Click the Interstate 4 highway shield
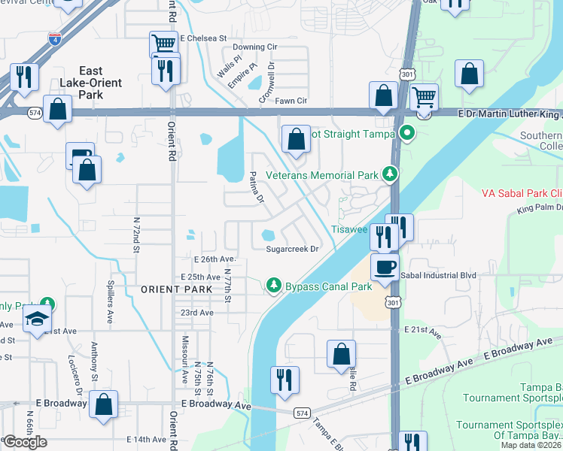click(54, 38)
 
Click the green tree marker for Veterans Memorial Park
click(389, 175)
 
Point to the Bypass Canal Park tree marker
click(274, 286)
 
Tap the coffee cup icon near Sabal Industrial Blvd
click(385, 268)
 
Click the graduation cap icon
click(37, 318)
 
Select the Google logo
click(25, 442)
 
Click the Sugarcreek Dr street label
click(293, 249)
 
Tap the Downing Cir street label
click(260, 47)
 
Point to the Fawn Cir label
click(292, 101)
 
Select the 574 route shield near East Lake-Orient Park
click(35, 113)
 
